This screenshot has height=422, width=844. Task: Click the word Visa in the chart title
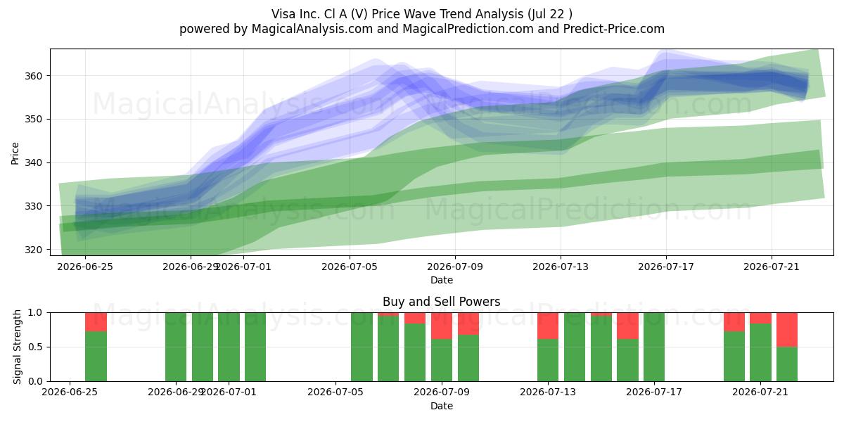pos(283,14)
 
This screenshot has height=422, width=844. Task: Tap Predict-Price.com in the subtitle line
pos(614,29)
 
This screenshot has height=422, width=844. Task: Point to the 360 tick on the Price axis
pos(33,76)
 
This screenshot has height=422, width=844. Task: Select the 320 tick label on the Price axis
pos(33,250)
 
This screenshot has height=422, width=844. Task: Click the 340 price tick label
pos(33,163)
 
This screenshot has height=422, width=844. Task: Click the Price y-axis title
pos(15,153)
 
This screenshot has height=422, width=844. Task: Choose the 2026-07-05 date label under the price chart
pos(350,267)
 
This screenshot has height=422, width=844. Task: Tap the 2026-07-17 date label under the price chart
pos(666,267)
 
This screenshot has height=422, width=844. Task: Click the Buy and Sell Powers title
pos(441,302)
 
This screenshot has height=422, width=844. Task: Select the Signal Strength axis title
pos(17,347)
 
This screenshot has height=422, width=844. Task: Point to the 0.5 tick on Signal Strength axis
pos(35,347)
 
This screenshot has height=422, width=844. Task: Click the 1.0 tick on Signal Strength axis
pos(35,313)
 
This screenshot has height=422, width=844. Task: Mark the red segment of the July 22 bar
pos(787,330)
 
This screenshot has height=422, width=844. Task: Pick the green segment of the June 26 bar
pos(96,356)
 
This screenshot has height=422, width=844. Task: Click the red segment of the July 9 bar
pos(442,326)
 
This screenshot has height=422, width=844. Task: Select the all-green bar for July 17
pos(654,347)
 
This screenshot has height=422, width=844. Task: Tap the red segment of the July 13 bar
pos(548,326)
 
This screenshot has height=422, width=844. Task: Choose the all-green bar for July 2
pos(255,347)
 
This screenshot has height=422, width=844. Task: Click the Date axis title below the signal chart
pos(441,406)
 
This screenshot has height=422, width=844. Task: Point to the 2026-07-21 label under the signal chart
pos(760,392)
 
